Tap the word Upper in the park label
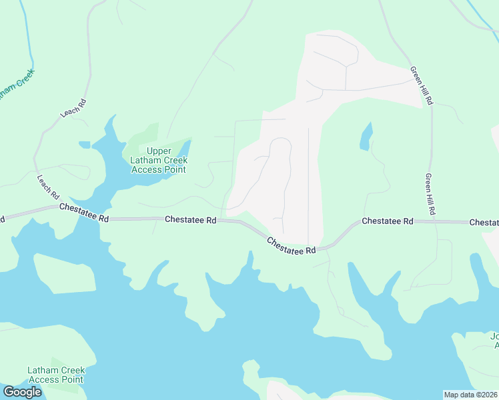click(x=159, y=151)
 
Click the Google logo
click(x=22, y=392)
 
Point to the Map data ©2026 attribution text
click(x=470, y=395)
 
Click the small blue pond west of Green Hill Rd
click(x=366, y=137)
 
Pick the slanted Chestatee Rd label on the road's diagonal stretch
click(x=291, y=245)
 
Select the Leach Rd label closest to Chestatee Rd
click(x=48, y=187)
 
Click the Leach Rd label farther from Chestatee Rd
click(x=73, y=108)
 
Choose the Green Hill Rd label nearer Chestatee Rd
click(x=431, y=194)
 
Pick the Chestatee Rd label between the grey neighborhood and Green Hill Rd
click(x=388, y=221)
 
